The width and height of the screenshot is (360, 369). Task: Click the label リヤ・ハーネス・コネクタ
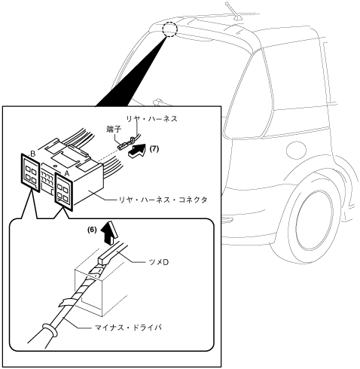(163, 200)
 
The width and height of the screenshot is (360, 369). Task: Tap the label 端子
(114, 130)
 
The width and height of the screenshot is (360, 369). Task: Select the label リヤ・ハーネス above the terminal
(151, 119)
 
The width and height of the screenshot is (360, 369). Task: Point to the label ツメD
(158, 262)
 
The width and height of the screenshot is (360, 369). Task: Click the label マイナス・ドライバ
(128, 328)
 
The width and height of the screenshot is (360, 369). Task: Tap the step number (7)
(154, 149)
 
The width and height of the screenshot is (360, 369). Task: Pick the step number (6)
(92, 230)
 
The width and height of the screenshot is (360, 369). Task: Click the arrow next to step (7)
(136, 151)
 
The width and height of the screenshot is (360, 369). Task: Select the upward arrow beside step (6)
(109, 233)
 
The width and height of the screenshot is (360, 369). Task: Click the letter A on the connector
(66, 173)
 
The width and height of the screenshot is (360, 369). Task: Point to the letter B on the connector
(33, 154)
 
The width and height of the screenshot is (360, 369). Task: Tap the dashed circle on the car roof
(169, 29)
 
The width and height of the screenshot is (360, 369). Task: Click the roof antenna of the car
(233, 11)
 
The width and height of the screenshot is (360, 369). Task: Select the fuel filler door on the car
(296, 150)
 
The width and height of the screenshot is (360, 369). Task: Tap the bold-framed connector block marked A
(64, 191)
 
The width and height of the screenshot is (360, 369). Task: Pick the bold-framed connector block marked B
(30, 172)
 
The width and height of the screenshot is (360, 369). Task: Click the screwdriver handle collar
(50, 330)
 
